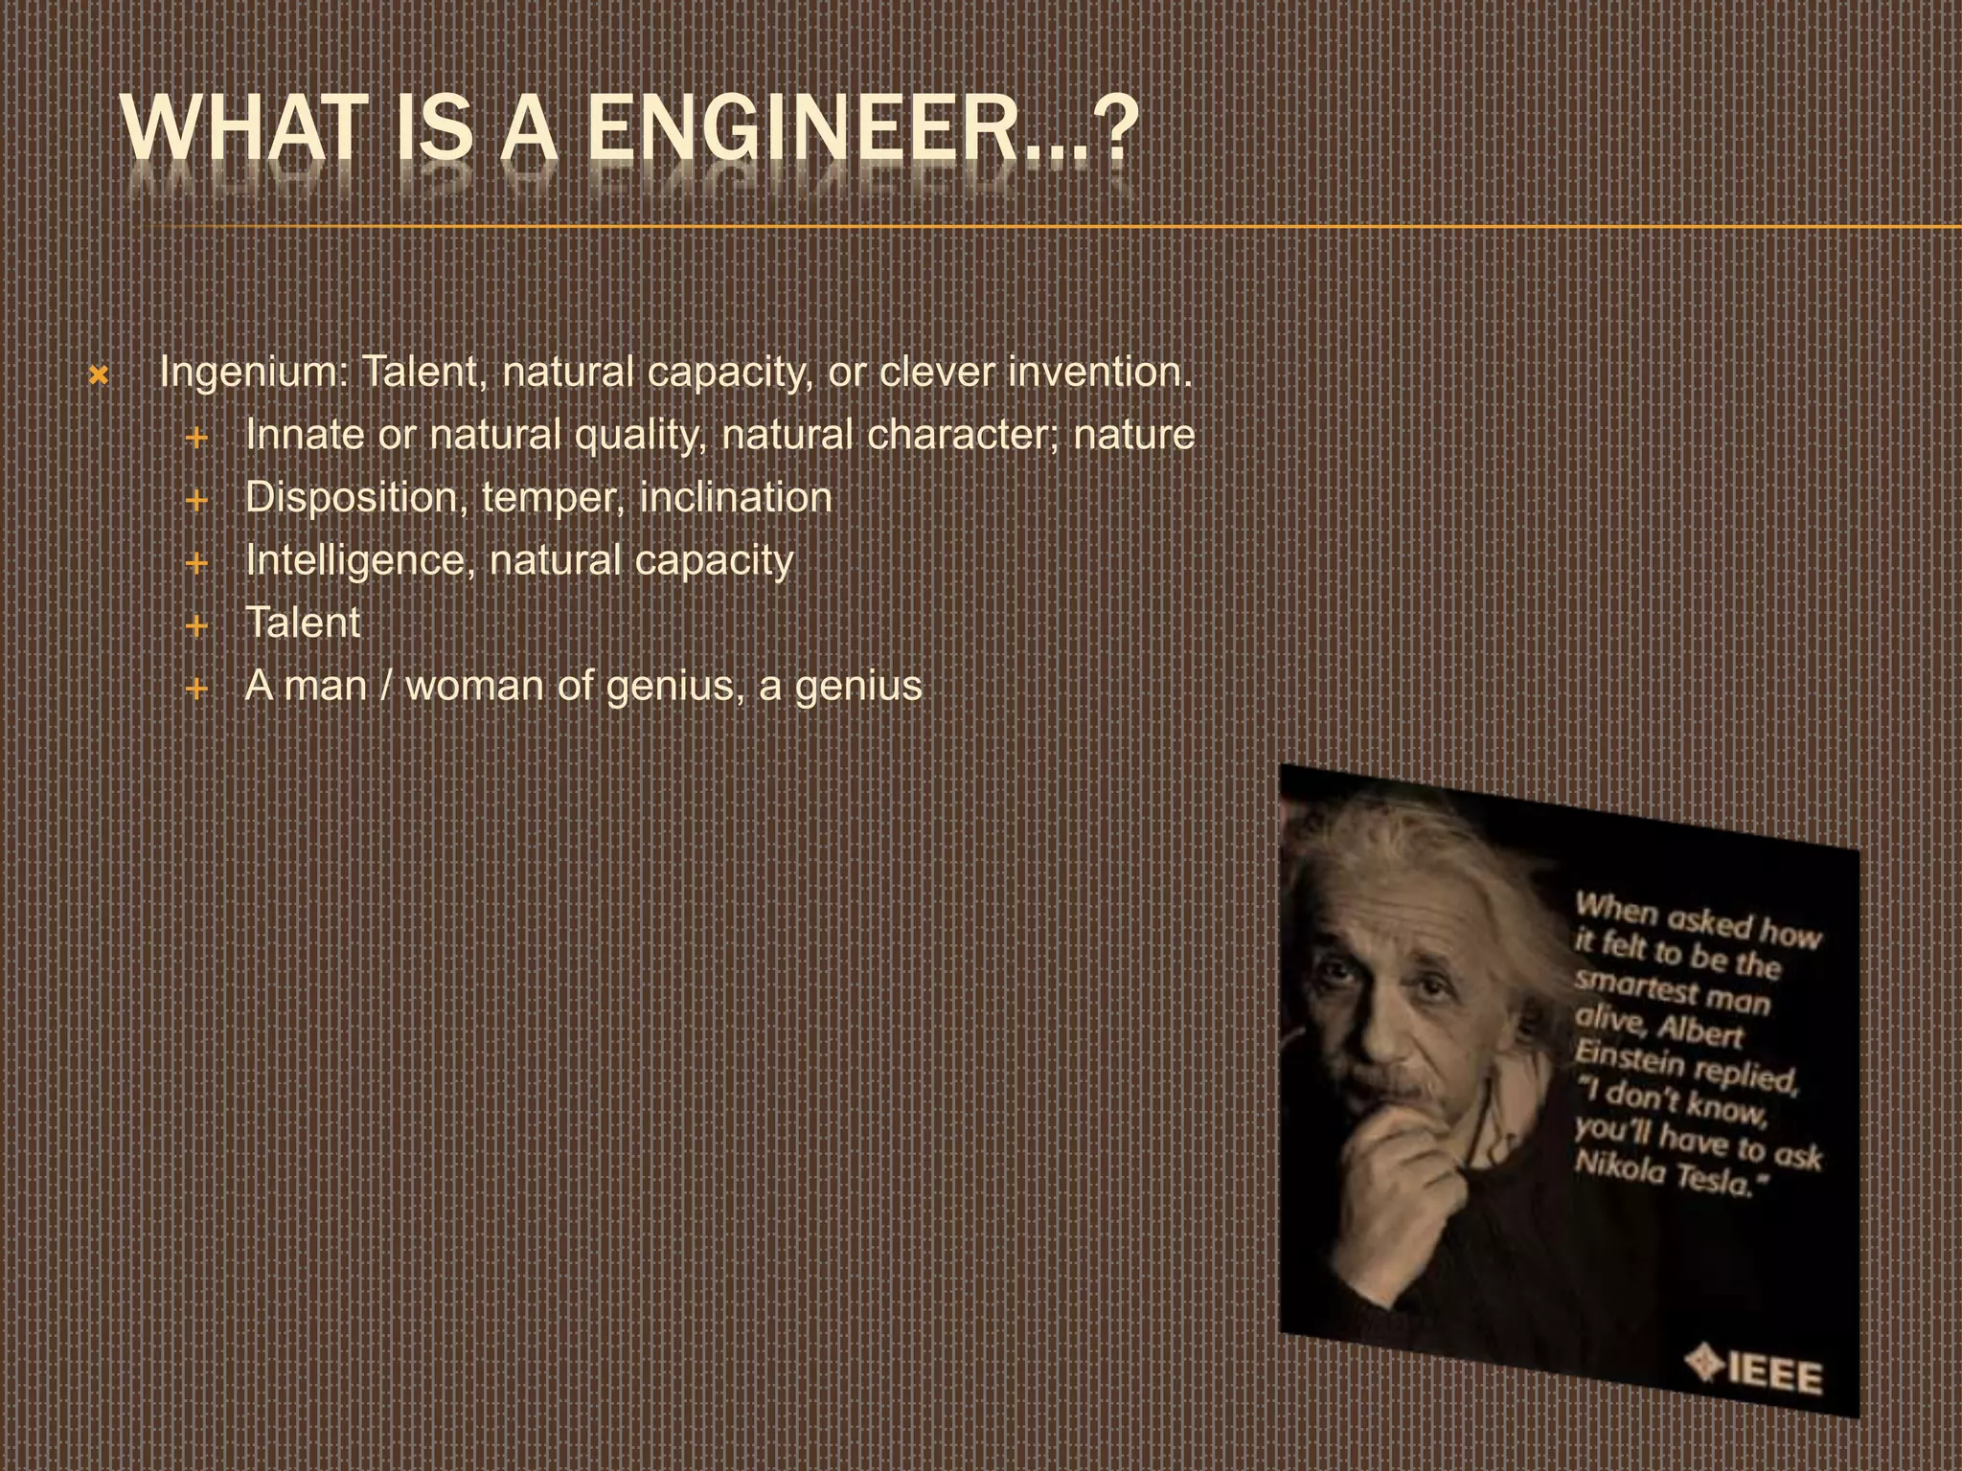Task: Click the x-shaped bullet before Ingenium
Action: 98,376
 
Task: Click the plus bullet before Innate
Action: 196,439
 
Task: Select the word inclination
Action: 735,497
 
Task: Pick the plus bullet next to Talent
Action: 196,626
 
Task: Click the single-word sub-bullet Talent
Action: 303,622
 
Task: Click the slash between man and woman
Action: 386,686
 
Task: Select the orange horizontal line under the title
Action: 1054,227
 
